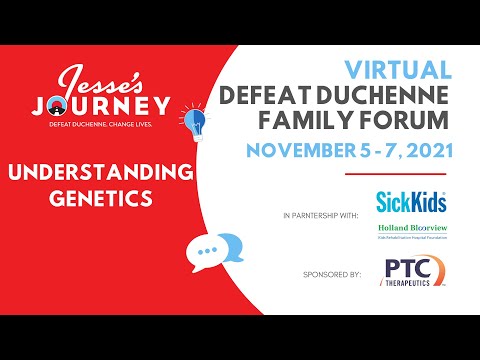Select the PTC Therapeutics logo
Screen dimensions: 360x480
412,272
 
